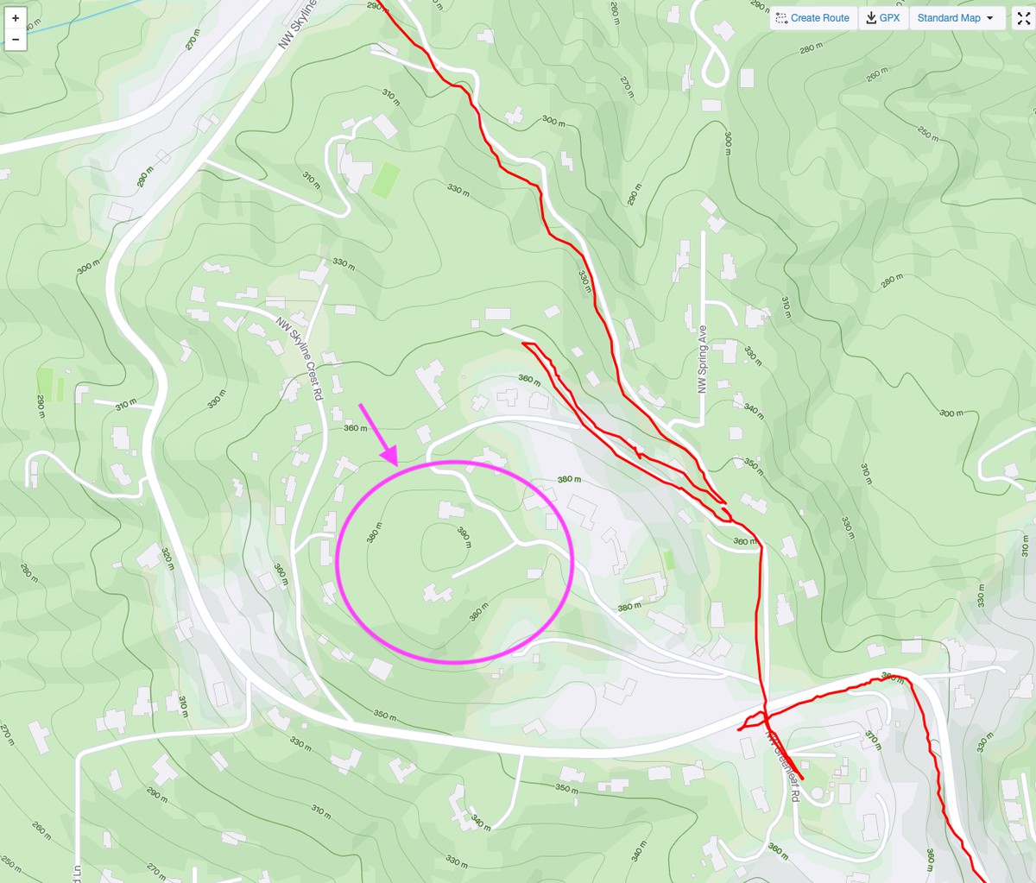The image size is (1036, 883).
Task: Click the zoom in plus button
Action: click(x=16, y=18)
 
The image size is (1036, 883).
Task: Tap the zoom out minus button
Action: click(x=16, y=40)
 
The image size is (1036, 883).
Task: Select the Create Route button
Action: click(x=812, y=18)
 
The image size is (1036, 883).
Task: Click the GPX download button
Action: click(x=883, y=18)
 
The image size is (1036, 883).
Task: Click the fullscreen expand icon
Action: click(x=1022, y=18)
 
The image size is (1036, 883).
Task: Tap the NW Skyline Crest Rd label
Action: click(x=300, y=358)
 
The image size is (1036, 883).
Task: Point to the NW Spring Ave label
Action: click(x=703, y=358)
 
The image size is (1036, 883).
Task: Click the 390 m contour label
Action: click(x=464, y=537)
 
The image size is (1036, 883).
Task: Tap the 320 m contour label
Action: click(x=167, y=559)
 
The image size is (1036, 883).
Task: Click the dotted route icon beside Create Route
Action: click(x=781, y=18)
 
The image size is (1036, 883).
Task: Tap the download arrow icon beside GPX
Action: click(x=871, y=18)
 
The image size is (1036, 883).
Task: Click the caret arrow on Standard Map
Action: click(x=989, y=18)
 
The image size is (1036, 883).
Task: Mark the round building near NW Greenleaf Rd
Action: click(x=818, y=792)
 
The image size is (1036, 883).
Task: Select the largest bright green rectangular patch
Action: click(x=385, y=179)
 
